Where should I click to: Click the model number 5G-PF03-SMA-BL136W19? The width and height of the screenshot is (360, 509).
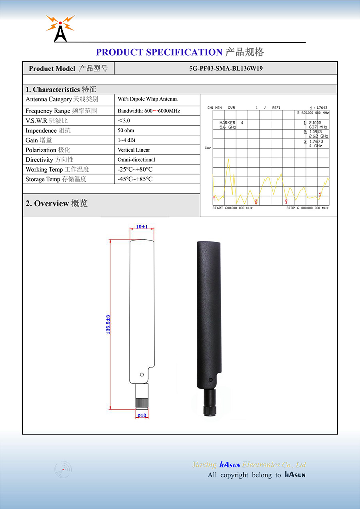click(226, 68)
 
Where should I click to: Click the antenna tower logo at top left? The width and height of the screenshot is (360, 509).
click(60, 28)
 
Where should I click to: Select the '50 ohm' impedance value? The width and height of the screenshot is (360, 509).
click(126, 130)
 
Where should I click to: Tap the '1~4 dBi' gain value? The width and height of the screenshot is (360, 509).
click(126, 140)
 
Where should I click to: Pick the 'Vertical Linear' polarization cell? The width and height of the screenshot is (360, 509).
click(134, 150)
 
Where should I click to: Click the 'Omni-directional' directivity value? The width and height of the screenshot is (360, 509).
click(136, 160)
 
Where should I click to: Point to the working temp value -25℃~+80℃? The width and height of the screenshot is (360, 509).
click(135, 169)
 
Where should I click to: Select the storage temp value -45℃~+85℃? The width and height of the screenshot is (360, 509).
click(135, 179)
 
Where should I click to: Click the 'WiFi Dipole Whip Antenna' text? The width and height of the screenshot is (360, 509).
click(148, 99)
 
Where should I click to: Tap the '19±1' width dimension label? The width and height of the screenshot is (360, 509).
click(142, 226)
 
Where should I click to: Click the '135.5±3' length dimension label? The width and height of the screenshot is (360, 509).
click(108, 325)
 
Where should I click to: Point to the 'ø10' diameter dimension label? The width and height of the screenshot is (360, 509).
click(142, 415)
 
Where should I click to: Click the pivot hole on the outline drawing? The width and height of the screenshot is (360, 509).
click(142, 375)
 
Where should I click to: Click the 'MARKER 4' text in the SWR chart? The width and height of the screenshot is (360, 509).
click(231, 123)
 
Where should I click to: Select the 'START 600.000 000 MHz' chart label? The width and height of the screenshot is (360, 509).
click(232, 208)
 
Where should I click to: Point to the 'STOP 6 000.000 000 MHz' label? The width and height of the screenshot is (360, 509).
click(307, 208)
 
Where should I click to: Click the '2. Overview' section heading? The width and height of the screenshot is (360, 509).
click(56, 203)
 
